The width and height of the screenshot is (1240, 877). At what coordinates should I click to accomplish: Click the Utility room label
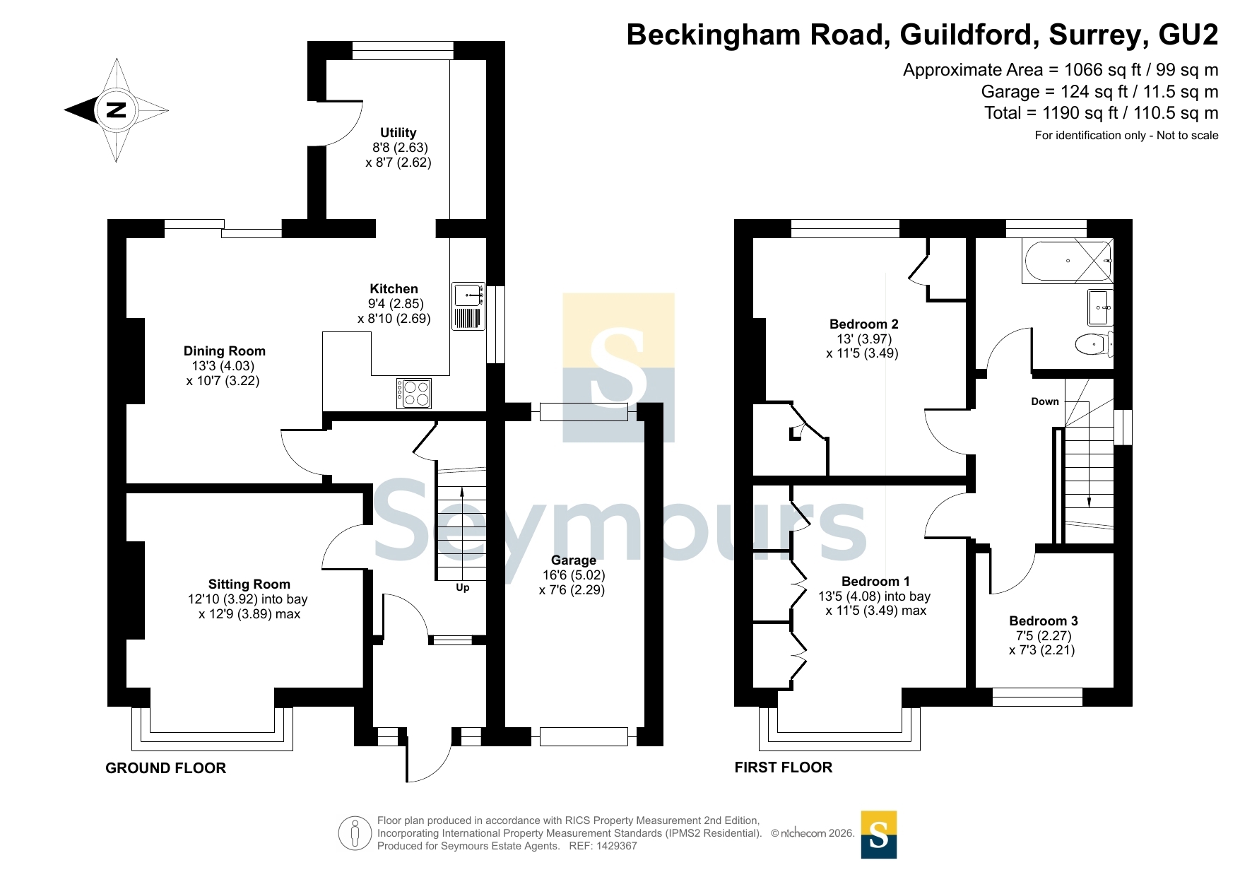coord(398,133)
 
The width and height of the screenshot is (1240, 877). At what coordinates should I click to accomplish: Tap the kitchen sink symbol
coord(468,306)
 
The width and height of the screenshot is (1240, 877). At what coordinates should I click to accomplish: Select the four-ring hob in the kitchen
coord(414,394)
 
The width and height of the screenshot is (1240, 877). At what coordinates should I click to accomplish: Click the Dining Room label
coord(225,351)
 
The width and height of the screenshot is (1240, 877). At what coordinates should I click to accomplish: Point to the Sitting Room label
coord(249,584)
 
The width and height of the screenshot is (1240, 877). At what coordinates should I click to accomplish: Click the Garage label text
coord(574,560)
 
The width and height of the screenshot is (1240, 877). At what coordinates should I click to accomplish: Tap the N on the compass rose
coord(116,110)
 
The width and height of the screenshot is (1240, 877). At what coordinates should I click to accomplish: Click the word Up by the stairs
coord(463,587)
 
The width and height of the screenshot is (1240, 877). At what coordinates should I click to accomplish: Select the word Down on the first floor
coord(1045,401)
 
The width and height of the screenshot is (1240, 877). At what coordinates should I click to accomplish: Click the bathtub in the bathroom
coord(1068,261)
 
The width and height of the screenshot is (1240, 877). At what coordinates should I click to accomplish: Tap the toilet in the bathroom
coord(1094,345)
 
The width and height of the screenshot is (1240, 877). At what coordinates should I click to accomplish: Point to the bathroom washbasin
coord(1100,307)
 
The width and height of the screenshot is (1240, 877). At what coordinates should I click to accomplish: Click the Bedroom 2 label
coord(864,324)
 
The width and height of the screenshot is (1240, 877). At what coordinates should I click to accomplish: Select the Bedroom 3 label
coord(1044,621)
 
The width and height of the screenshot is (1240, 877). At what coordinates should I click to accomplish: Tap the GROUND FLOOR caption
coord(166,768)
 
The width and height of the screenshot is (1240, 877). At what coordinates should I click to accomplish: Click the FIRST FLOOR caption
coord(784,767)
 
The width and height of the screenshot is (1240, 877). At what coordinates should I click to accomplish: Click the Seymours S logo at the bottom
coord(879,835)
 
